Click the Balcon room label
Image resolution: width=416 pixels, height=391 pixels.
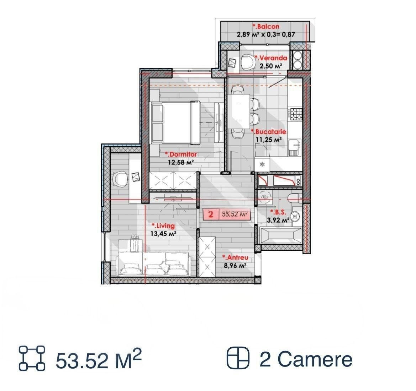pyautogui.click(x=266, y=27)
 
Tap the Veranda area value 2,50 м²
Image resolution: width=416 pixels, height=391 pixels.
pyautogui.click(x=270, y=66)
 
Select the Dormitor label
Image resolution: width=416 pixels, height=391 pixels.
pyautogui.click(x=181, y=154)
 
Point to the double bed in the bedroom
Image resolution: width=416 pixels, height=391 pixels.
pyautogui.click(x=176, y=123)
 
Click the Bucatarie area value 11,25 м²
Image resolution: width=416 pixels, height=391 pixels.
pyautogui.click(x=268, y=140)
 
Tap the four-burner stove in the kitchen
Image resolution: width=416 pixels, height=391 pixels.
pyautogui.click(x=296, y=114)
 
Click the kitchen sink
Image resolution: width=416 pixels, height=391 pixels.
pyautogui.click(x=295, y=147)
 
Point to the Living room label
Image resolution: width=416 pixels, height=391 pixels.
pyautogui.click(x=163, y=226)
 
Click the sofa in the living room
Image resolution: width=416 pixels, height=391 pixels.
pyautogui.click(x=154, y=264)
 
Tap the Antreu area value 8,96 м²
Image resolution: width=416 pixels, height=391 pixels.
pyautogui.click(x=235, y=266)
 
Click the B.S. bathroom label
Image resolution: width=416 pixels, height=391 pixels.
pyautogui.click(x=278, y=212)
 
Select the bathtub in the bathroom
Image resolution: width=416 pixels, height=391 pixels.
pyautogui.click(x=281, y=235)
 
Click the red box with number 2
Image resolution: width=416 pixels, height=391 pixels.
pyautogui.click(x=211, y=214)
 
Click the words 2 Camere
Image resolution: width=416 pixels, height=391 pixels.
pyautogui.click(x=306, y=359)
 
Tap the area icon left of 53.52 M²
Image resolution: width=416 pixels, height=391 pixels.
pyautogui.click(x=32, y=358)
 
